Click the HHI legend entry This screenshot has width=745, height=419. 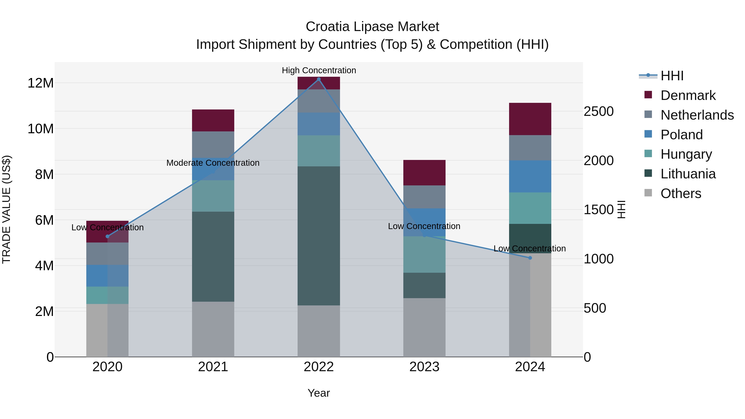pos(672,76)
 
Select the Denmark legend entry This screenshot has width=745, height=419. pos(688,95)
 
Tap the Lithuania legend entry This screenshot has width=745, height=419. pos(688,174)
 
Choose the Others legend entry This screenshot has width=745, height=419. pos(680,193)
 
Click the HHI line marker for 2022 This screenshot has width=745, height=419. pos(319,79)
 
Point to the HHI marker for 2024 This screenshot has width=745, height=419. pos(530,258)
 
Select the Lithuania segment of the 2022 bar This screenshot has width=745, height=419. pos(319,236)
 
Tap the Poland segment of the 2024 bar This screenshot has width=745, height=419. pos(530,176)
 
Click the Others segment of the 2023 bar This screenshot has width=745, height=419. pos(424,327)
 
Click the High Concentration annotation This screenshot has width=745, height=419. pos(319,70)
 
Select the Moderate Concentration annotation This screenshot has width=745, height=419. pos(213,163)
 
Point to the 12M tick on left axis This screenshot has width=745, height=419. pos(41,83)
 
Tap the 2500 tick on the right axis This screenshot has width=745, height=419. pos(598,111)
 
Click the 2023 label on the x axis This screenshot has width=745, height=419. pos(424,367)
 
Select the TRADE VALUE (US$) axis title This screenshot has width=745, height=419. pos(6,209)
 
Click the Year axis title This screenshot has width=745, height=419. pos(319,393)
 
